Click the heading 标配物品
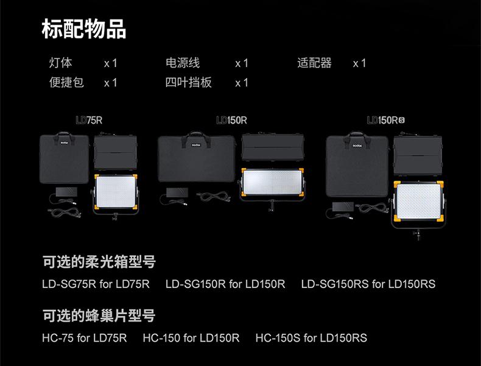click(x=83, y=28)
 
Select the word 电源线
click(x=183, y=63)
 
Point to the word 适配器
click(x=315, y=63)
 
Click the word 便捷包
click(x=66, y=82)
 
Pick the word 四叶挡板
click(x=189, y=82)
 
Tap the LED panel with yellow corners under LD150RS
click(x=419, y=204)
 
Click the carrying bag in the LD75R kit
click(x=64, y=161)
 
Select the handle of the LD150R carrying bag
click(x=196, y=135)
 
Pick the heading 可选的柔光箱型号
click(x=99, y=262)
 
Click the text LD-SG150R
click(x=195, y=284)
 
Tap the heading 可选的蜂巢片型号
click(x=99, y=315)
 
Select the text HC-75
click(x=58, y=337)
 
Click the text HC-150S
click(x=278, y=337)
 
